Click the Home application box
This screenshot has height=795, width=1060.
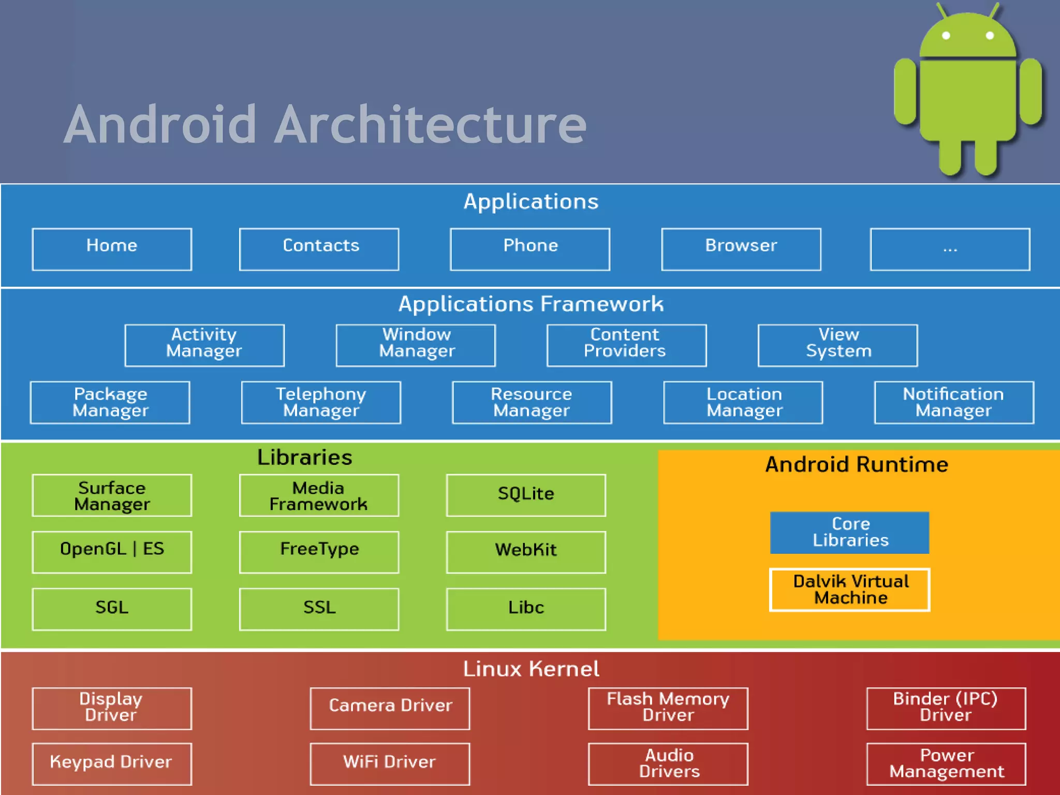[x=112, y=249]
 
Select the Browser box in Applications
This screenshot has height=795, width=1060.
[x=741, y=249]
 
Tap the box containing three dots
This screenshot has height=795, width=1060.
[x=950, y=249]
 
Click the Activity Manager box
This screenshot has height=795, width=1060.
[x=204, y=345]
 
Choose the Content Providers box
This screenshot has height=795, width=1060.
[x=626, y=345]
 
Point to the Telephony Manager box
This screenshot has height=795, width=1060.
[x=321, y=402]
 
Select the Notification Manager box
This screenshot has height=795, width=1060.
[x=954, y=402]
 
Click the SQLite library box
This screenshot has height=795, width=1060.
[x=526, y=495]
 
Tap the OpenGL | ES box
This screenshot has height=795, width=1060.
[x=112, y=552]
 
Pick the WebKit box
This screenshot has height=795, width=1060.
[x=526, y=552]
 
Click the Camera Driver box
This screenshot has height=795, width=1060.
[x=390, y=708]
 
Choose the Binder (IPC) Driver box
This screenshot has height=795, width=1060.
[x=946, y=708]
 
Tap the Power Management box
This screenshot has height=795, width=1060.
[x=946, y=763]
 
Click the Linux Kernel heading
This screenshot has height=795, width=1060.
[x=531, y=669]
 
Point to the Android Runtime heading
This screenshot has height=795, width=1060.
[x=857, y=464]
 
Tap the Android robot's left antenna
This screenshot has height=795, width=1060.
[x=942, y=10]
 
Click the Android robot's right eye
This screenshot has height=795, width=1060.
[x=990, y=36]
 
